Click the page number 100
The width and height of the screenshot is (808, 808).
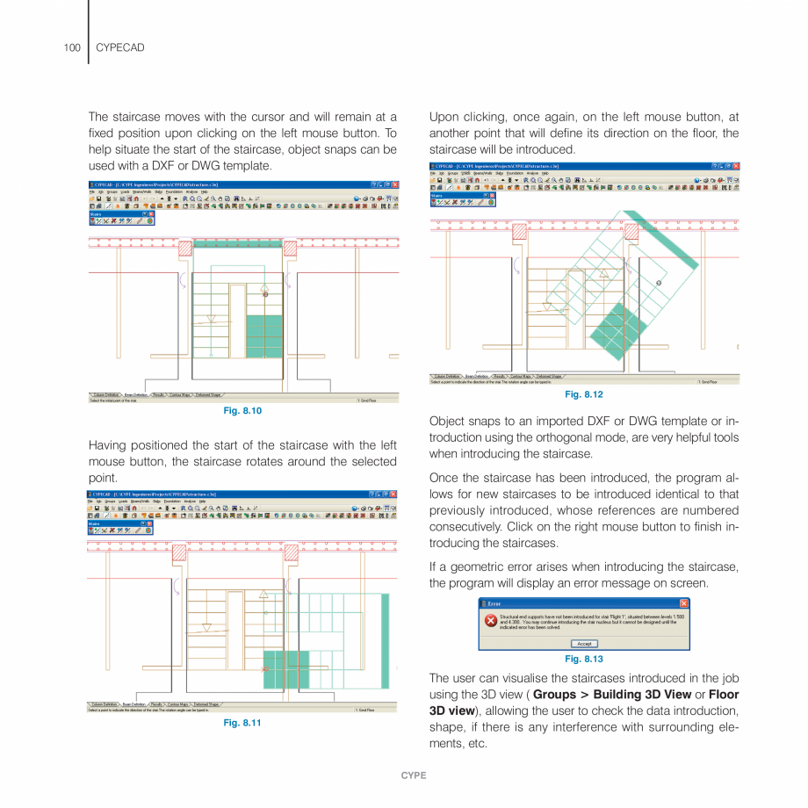pos(71,47)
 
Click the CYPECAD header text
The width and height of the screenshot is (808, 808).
pos(119,47)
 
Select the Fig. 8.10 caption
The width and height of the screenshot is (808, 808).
pos(243,410)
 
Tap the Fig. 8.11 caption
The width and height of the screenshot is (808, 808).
pos(243,723)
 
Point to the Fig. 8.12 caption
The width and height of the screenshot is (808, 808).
pos(584,393)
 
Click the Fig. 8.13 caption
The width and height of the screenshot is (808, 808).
pos(584,659)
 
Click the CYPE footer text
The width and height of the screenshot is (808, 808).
pos(414,776)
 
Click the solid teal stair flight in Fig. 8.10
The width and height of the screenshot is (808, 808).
pos(264,335)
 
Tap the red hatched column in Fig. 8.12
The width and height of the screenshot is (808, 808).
pos(519,231)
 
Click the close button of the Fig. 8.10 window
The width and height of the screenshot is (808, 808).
pos(394,184)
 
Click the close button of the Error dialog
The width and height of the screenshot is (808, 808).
pos(684,603)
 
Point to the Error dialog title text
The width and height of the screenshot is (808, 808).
pos(495,603)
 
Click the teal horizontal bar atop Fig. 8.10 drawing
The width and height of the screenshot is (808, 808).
pos(236,242)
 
